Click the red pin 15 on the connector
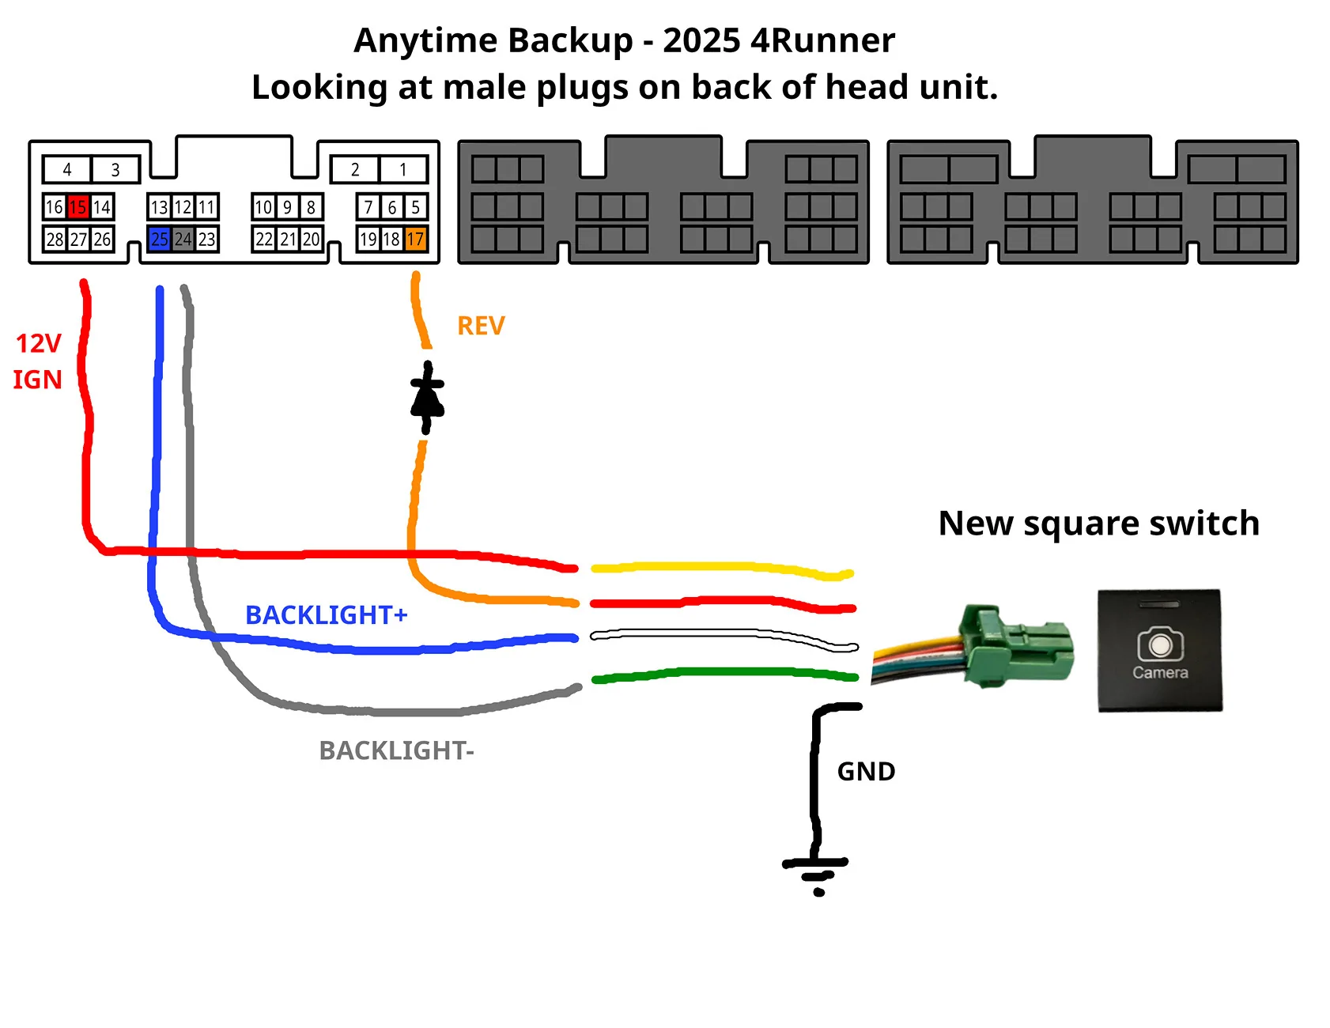click(x=77, y=207)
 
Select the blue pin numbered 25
click(x=159, y=239)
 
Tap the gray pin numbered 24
click(x=183, y=239)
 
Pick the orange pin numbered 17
click(x=415, y=239)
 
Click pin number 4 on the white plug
click(x=67, y=169)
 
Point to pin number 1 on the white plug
click(x=403, y=169)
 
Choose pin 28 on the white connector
click(x=54, y=239)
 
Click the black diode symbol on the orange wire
click(x=427, y=398)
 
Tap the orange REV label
click(x=481, y=326)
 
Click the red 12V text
click(x=38, y=344)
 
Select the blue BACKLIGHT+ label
click(x=326, y=614)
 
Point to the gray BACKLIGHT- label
click(x=396, y=750)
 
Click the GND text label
click(x=866, y=772)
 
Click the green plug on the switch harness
click(x=1016, y=645)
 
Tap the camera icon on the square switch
click(x=1160, y=644)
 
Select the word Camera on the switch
click(x=1160, y=673)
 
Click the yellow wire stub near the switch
click(x=720, y=568)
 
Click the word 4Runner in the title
click(x=822, y=40)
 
